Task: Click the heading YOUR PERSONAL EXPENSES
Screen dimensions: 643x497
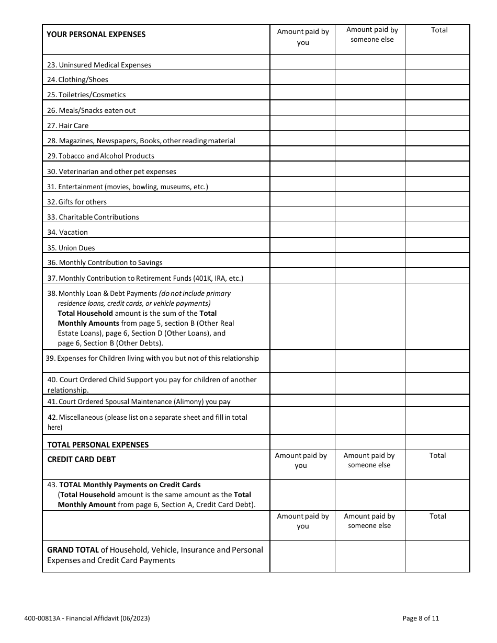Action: pyautogui.click(x=96, y=35)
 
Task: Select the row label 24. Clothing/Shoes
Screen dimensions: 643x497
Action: pyautogui.click(x=77, y=79)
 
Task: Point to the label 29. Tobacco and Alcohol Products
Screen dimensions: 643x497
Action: pyautogui.click(x=101, y=156)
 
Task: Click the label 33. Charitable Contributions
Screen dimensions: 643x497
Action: pyautogui.click(x=93, y=217)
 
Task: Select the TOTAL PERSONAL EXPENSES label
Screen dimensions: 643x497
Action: pyautogui.click(x=98, y=445)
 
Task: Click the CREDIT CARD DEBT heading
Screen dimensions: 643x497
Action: pyautogui.click(x=82, y=460)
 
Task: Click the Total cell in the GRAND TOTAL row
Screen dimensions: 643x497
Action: pyautogui.click(x=437, y=556)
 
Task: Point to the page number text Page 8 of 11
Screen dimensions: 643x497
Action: pyautogui.click(x=421, y=618)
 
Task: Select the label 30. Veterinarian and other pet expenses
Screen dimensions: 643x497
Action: pyautogui.click(x=112, y=171)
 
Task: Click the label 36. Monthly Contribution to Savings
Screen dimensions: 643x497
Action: pyautogui.click(x=105, y=262)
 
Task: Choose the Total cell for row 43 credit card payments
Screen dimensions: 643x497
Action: pyautogui.click(x=437, y=495)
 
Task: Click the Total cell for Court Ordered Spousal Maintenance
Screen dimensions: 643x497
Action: pyautogui.click(x=437, y=401)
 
